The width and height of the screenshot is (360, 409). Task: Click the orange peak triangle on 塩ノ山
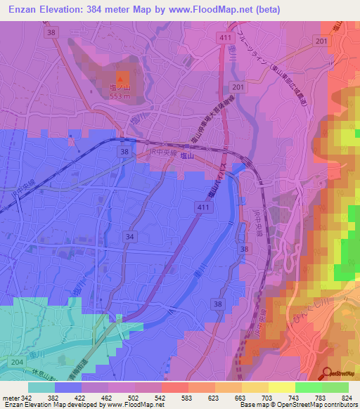[121, 77]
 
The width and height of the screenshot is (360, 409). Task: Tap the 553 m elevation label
[121, 96]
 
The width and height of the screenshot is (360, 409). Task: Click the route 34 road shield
[129, 238]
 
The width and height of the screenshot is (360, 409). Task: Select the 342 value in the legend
[27, 398]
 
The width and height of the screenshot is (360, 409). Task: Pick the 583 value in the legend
[187, 398]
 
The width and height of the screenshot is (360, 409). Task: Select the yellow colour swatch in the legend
[281, 387]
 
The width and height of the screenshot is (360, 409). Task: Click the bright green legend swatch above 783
[308, 387]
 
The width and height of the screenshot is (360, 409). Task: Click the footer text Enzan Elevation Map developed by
[56, 405]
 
